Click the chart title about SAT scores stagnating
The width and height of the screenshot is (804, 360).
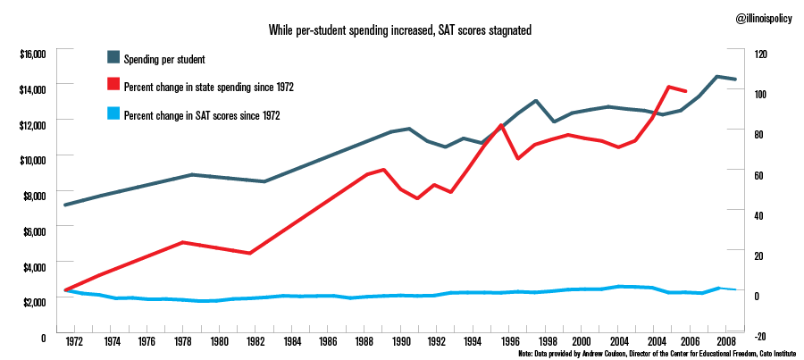400,30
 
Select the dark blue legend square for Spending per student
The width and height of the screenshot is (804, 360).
113,58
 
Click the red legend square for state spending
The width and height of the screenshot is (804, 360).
113,86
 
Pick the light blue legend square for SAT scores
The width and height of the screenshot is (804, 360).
113,114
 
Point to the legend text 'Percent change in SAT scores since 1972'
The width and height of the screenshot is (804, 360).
203,114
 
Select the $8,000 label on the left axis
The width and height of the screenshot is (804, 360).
33,196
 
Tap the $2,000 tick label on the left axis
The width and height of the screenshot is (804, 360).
33,302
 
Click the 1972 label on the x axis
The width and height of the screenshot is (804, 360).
74,341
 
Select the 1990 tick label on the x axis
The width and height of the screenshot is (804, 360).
401,341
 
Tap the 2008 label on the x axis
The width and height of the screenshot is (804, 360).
728,341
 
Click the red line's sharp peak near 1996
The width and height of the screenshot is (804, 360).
502,125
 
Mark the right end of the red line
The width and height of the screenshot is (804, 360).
686,91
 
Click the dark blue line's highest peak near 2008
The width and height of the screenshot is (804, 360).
717,76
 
